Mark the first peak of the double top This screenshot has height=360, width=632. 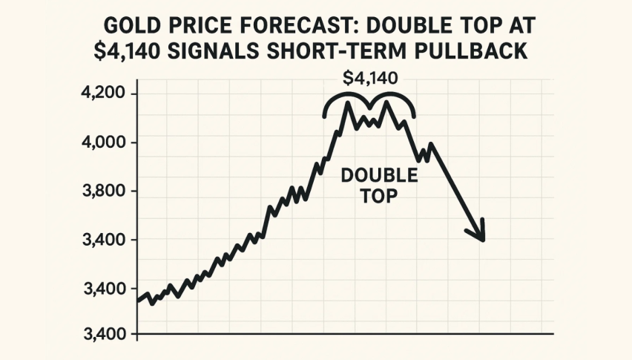tap(346, 103)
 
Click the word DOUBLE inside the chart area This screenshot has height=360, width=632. tap(378, 177)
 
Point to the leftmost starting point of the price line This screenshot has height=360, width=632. tap(139, 301)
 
